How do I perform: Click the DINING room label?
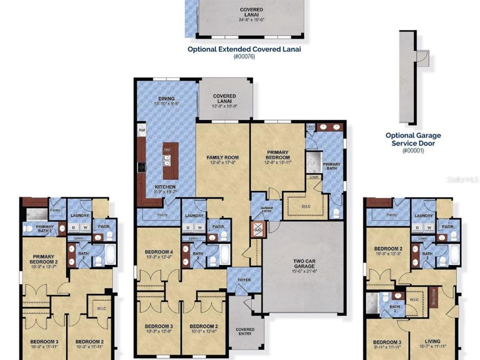click(166, 99)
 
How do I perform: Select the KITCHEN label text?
click(165, 187)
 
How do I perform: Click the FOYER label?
click(244, 278)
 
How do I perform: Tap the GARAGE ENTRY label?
click(266, 209)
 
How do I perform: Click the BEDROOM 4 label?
click(159, 252)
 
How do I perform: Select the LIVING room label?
click(433, 342)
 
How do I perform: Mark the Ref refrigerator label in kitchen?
click(142, 130)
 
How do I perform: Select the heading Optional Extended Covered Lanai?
click(244, 49)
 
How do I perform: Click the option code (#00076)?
click(244, 57)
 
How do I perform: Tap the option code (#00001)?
click(413, 151)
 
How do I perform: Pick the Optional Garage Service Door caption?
click(413, 139)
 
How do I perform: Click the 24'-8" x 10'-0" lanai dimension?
click(251, 20)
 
